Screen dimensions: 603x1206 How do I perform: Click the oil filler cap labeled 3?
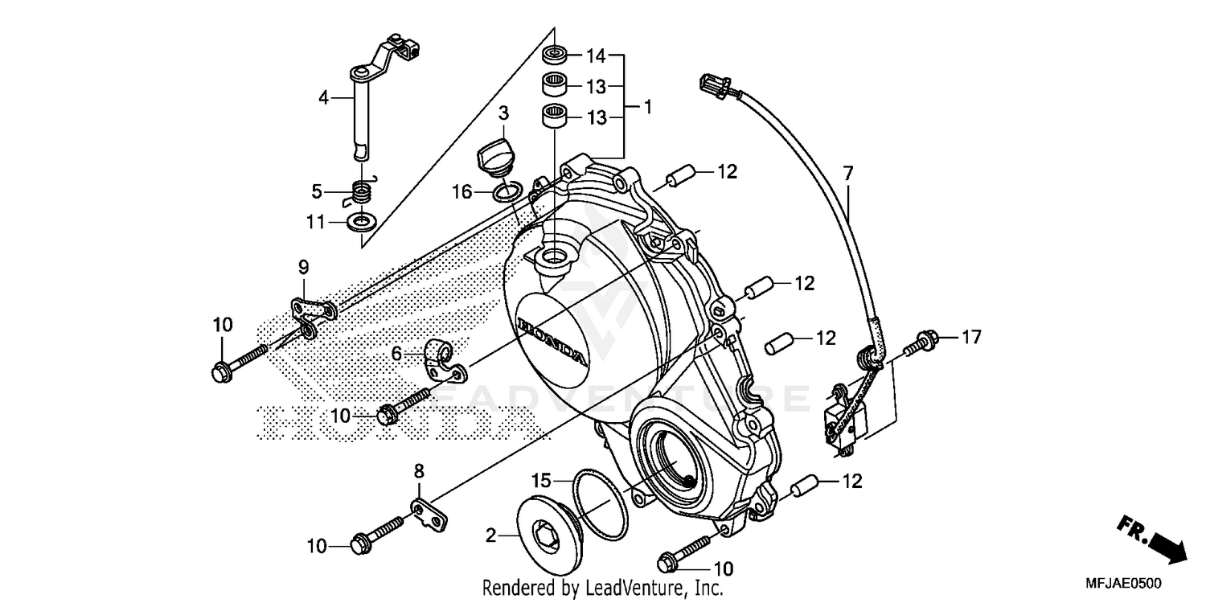pyautogui.click(x=494, y=154)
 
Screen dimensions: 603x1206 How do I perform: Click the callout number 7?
pyautogui.click(x=848, y=172)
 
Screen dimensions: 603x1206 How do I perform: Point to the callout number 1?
pyautogui.click(x=648, y=106)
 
